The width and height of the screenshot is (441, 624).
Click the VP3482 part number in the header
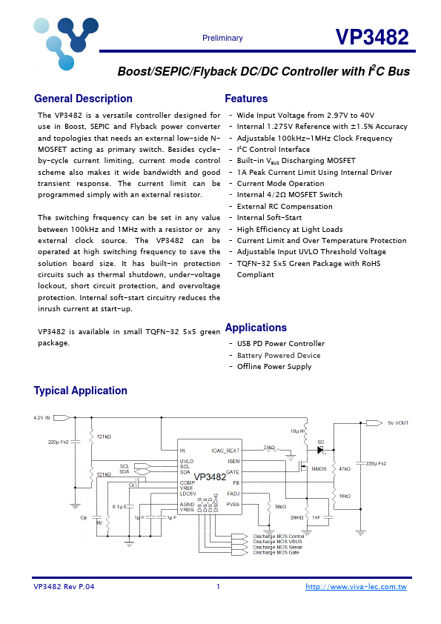click(371, 38)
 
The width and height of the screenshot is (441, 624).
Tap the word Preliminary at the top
click(222, 39)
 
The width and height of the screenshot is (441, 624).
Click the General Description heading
click(83, 99)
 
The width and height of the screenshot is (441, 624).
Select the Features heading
click(246, 99)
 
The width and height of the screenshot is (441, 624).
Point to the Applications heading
click(256, 328)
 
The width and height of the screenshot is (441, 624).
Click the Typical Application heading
click(80, 391)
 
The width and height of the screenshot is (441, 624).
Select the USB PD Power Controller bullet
click(280, 344)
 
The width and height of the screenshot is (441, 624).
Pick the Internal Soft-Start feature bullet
click(269, 218)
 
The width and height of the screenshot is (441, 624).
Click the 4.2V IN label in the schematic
click(42, 418)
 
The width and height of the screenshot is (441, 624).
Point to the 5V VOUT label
click(397, 423)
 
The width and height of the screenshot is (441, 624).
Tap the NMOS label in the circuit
click(319, 469)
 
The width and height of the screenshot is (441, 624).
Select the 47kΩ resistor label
click(344, 469)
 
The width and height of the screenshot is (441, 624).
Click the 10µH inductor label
click(297, 431)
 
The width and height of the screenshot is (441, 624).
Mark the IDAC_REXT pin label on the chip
click(225, 451)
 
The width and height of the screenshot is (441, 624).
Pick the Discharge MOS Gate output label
click(276, 553)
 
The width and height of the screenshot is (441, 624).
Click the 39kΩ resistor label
click(280, 506)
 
